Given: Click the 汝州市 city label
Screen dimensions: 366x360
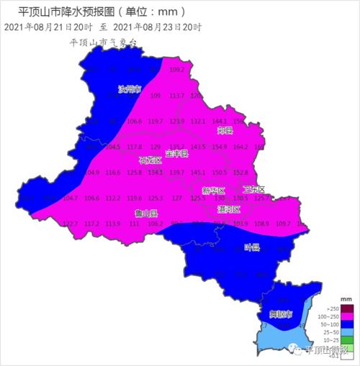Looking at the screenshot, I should pos(130,90).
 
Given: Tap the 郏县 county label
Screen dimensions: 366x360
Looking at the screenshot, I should pos(225,131).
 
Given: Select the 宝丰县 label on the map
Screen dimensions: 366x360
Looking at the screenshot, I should pos(176,154).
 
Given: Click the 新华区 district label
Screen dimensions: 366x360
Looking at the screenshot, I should pos(214,191).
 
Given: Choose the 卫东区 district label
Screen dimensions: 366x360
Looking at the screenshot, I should pos(253,189).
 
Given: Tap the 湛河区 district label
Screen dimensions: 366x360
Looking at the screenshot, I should pos(229,209).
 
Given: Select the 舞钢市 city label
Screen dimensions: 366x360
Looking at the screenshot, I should pos(280,316).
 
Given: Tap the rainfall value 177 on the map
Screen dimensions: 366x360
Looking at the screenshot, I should pos(176,198).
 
